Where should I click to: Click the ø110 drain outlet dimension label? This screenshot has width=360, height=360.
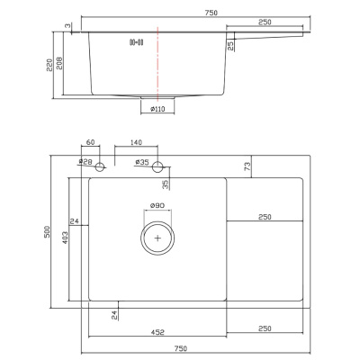coord(157,109)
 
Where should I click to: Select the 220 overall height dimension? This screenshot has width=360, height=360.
coord(49,65)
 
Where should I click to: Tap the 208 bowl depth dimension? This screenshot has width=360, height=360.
coord(59,63)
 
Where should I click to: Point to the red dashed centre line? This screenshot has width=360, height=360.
coord(157,63)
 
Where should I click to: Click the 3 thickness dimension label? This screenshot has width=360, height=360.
coord(68,26)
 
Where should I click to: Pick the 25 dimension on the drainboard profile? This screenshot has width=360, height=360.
coord(230,46)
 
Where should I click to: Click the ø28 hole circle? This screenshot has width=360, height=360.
coord(100,166)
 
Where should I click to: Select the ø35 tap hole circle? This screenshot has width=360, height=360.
coord(157,166)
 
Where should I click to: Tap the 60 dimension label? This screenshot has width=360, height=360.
coord(90,142)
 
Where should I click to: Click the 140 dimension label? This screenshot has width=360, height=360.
coord(136,142)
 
